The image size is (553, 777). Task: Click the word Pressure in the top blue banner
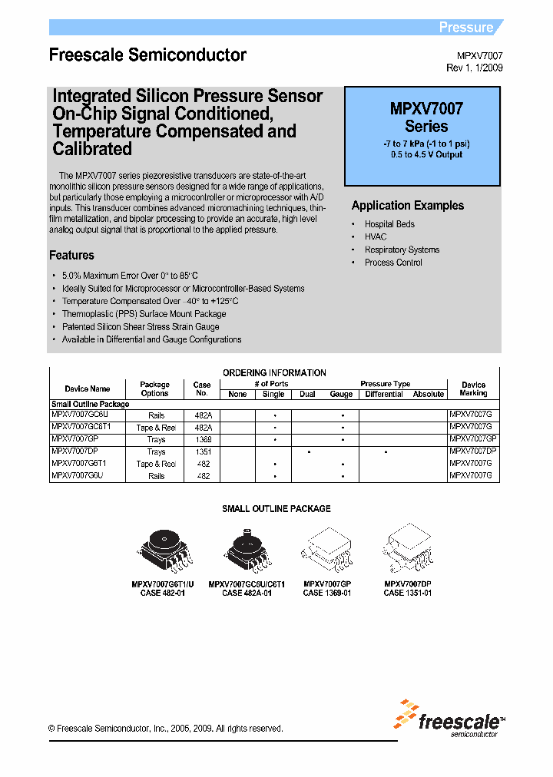click(x=465, y=28)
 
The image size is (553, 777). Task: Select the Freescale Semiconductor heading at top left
click(x=147, y=55)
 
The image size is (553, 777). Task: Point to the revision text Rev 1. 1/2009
click(x=475, y=68)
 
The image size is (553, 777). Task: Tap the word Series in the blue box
click(x=426, y=127)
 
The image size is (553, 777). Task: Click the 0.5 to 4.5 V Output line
click(x=426, y=154)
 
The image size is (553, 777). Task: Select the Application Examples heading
click(x=408, y=206)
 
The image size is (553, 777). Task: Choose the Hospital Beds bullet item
click(x=389, y=224)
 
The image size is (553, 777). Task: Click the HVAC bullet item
click(x=376, y=237)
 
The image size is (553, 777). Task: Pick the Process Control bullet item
click(x=393, y=263)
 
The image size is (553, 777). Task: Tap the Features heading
click(x=71, y=256)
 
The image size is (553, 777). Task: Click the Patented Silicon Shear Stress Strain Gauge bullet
click(x=141, y=327)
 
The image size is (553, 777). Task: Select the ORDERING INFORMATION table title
click(x=274, y=373)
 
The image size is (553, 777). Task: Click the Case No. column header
click(x=202, y=388)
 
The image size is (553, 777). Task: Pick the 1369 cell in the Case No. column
click(x=202, y=439)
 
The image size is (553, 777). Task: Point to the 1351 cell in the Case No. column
click(x=202, y=452)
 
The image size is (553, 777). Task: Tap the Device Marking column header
click(x=473, y=388)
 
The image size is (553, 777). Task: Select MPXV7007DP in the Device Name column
click(x=75, y=452)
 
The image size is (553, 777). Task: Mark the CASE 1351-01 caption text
click(x=408, y=593)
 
